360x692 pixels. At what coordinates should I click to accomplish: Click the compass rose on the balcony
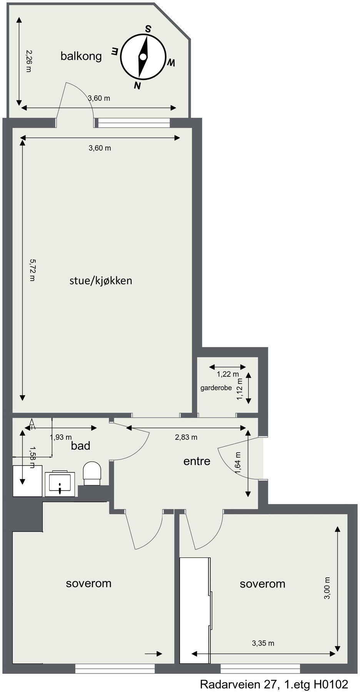(143, 57)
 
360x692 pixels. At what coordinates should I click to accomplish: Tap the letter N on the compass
(137, 85)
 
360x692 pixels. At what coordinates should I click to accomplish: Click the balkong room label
(81, 56)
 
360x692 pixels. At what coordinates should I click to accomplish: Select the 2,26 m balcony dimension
(28, 61)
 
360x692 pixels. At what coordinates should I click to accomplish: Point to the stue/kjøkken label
(101, 280)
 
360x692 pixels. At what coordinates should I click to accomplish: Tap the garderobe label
(216, 388)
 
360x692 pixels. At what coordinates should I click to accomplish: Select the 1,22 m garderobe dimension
(228, 374)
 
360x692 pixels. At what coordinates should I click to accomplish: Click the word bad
(81, 446)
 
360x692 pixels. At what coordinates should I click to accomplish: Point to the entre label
(197, 461)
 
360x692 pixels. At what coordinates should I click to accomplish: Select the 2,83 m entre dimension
(186, 437)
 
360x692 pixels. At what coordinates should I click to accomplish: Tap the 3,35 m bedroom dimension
(263, 643)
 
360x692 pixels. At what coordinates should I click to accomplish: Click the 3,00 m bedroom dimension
(327, 588)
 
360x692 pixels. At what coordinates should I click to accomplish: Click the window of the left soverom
(115, 670)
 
